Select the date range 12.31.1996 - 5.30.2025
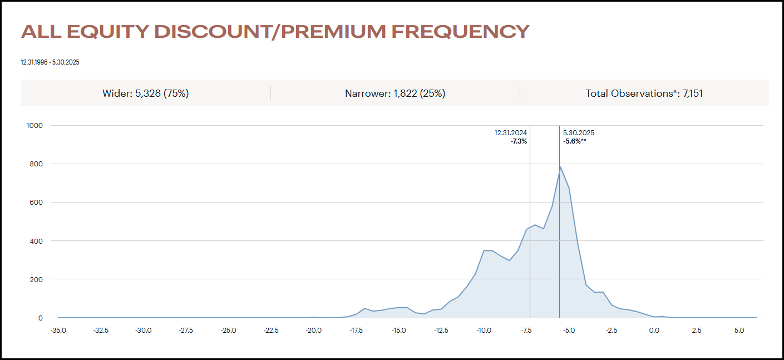click(50, 62)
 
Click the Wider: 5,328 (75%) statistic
click(146, 93)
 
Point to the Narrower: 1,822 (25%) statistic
click(395, 93)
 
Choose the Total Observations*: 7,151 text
click(644, 93)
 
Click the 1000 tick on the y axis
click(34, 125)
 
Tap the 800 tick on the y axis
click(37, 164)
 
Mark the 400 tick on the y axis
click(37, 241)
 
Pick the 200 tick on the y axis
click(37, 279)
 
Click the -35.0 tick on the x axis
click(58, 331)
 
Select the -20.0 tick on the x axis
click(313, 331)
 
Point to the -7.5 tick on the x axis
click(526, 331)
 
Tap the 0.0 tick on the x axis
click(654, 331)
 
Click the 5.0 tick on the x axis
click(739, 331)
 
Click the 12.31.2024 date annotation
click(511, 133)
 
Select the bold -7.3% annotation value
click(519, 141)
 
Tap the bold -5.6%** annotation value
click(575, 141)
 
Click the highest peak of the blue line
click(560, 166)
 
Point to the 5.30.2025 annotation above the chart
click(579, 133)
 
